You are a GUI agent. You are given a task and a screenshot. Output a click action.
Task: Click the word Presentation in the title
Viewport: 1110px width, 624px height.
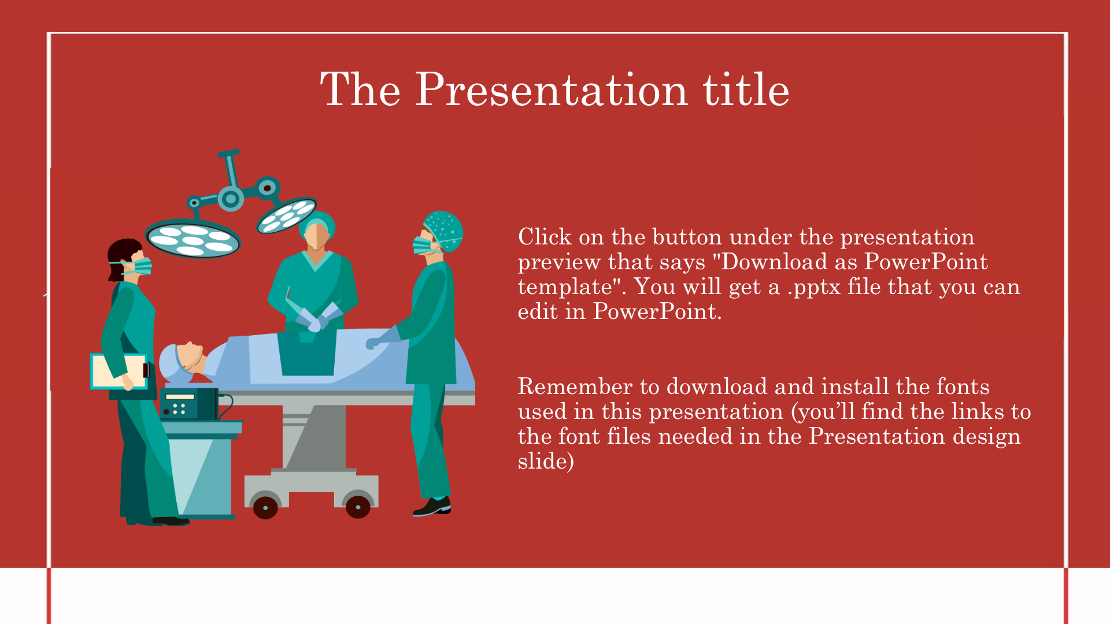(552, 90)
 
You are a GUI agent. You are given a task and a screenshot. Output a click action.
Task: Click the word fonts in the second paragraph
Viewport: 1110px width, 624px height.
(963, 386)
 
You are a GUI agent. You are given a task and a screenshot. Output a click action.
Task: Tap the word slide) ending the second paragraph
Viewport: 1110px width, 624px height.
(546, 461)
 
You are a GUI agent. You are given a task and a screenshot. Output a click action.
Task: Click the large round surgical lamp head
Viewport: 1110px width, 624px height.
(193, 238)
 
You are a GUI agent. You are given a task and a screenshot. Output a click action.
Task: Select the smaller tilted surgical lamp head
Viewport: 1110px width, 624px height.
(287, 214)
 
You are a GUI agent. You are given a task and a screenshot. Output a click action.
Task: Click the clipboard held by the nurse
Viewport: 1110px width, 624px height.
(119, 371)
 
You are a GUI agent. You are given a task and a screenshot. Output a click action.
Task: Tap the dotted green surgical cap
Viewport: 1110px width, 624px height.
(443, 231)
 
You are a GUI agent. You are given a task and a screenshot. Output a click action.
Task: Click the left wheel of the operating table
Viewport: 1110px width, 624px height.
(265, 507)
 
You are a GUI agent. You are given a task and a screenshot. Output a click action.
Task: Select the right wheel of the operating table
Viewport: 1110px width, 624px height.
(358, 507)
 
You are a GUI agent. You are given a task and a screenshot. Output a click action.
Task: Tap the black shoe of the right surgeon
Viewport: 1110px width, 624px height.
(432, 507)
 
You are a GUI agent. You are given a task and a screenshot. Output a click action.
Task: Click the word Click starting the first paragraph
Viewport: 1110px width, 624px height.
(545, 237)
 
